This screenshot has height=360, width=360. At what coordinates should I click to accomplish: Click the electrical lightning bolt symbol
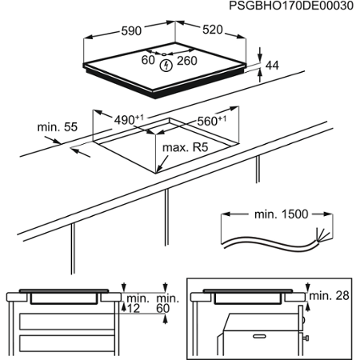coord(166,66)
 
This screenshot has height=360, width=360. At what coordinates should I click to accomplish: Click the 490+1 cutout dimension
coord(129,119)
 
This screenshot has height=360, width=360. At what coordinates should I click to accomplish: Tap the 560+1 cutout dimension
coord(212,121)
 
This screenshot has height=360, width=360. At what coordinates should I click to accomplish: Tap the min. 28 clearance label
coord(330,297)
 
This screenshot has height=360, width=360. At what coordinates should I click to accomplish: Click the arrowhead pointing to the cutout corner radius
coord(160,170)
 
